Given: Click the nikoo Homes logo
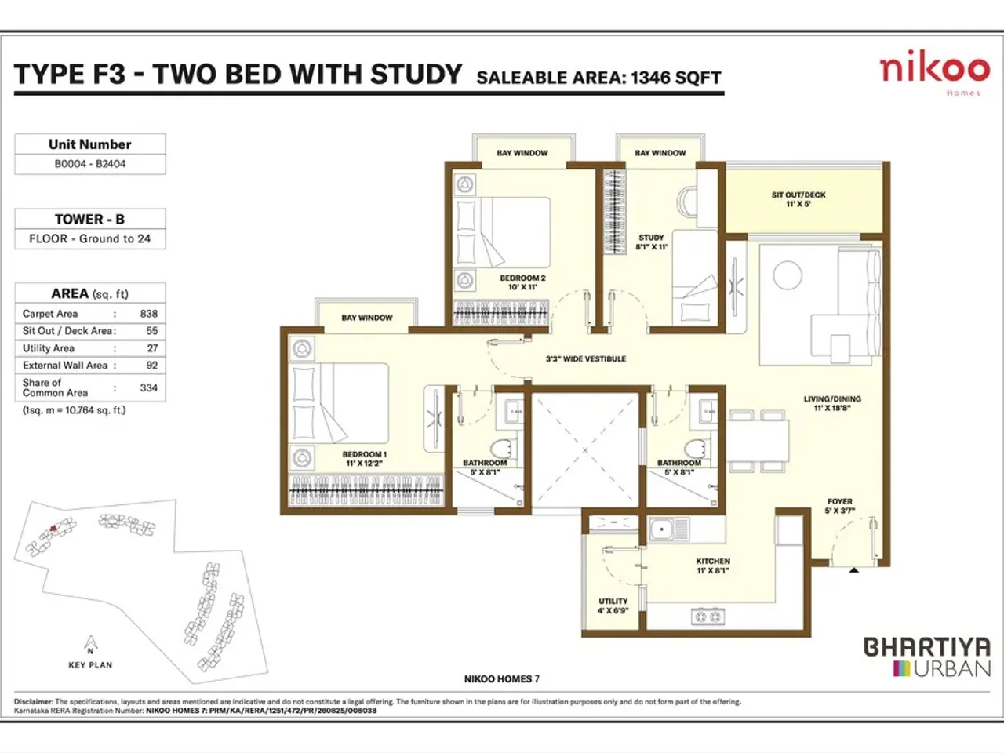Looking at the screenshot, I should (x=934, y=72).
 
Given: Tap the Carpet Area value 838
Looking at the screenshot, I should (x=149, y=313).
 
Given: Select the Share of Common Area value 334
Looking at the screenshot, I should (x=149, y=387).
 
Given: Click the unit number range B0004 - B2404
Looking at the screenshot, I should (x=90, y=164).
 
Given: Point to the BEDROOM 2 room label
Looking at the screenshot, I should (x=522, y=282).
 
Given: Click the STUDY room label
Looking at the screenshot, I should (x=651, y=242).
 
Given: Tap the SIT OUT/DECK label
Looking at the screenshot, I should (x=798, y=199).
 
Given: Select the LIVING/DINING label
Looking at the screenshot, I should (x=832, y=403).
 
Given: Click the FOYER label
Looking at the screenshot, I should (x=839, y=506).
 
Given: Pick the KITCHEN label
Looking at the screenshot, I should (x=712, y=566).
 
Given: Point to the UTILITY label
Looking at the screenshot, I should (x=613, y=606).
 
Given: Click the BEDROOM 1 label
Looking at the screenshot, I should (x=364, y=459).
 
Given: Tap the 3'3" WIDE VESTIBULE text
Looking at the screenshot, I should (x=586, y=359).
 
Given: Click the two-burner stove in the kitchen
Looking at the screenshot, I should (x=706, y=617).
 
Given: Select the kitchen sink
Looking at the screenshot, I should (x=661, y=530).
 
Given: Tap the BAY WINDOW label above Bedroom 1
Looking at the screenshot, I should (x=367, y=318).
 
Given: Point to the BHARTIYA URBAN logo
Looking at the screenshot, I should (x=926, y=657).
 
